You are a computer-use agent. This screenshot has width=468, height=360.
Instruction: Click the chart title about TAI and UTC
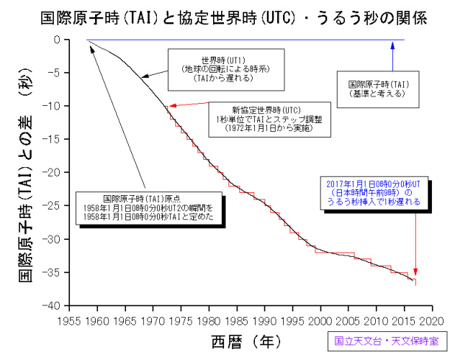(x=234, y=17)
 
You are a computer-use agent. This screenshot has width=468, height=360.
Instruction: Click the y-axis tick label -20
(x=53, y=173)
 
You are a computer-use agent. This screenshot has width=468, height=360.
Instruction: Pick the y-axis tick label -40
(x=53, y=306)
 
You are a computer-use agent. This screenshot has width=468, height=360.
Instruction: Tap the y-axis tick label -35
(x=53, y=273)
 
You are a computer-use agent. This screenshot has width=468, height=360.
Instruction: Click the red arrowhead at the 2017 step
(x=415, y=281)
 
